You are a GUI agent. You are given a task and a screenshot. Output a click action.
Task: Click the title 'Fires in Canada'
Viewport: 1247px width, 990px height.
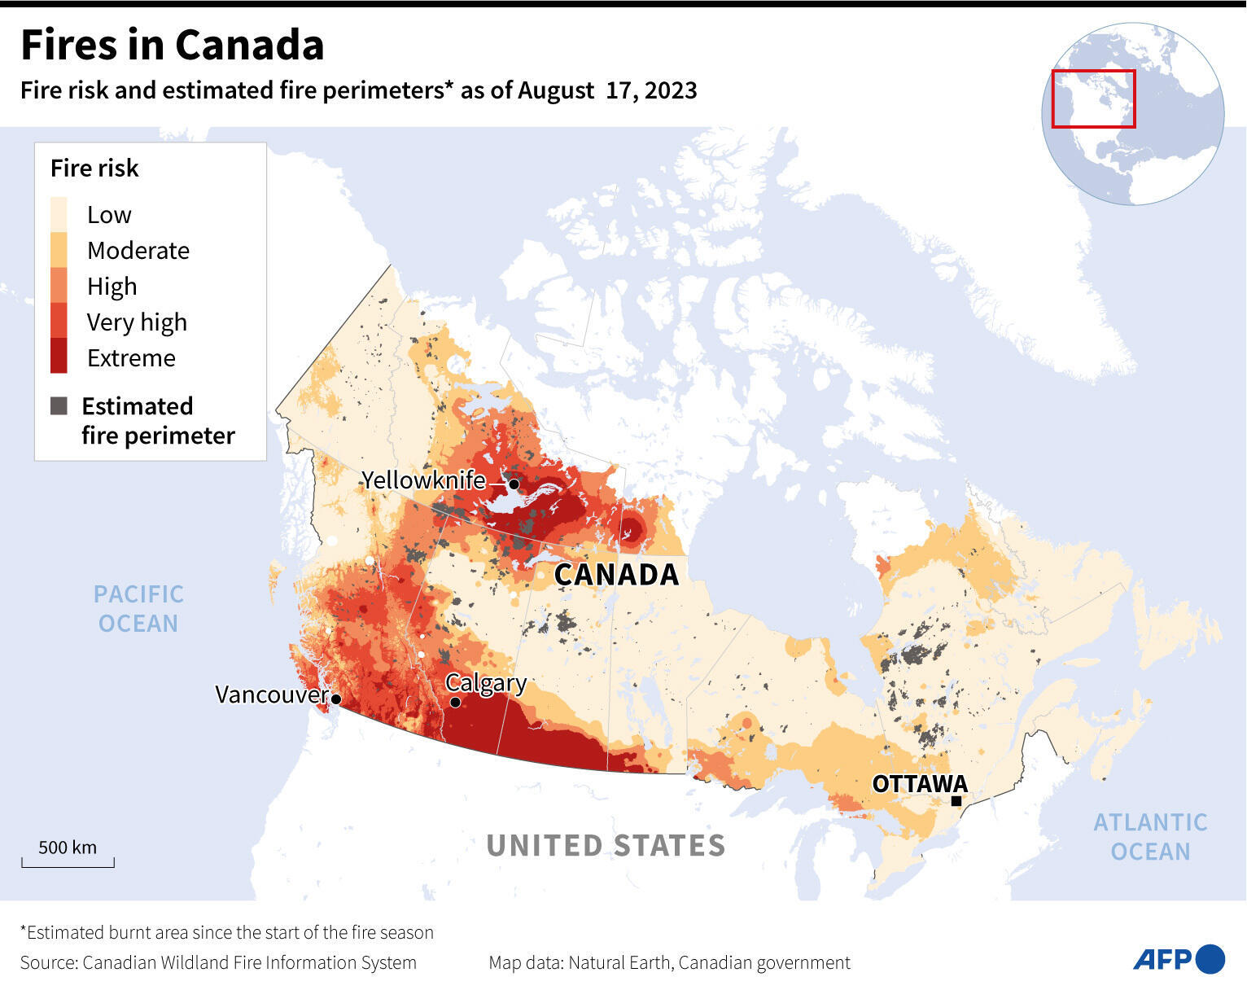172,45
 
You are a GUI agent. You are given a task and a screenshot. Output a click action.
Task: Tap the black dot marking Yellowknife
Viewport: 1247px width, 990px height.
514,484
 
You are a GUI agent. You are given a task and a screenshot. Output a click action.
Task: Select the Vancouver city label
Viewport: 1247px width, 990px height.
271,694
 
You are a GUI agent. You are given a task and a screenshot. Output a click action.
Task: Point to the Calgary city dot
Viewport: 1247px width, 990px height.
455,702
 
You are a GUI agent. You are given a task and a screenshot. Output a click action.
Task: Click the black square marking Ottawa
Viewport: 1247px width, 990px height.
956,801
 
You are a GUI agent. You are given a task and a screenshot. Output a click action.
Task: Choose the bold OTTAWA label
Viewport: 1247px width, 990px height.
920,783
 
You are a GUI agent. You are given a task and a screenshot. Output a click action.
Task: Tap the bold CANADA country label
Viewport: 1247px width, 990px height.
616,575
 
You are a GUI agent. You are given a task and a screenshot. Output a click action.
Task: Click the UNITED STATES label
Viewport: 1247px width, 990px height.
606,846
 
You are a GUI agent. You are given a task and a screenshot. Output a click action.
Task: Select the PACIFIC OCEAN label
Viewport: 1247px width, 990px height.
138,609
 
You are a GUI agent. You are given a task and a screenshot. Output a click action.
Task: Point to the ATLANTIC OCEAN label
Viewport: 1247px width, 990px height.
1150,837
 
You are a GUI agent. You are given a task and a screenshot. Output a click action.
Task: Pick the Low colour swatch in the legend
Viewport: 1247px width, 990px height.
59,214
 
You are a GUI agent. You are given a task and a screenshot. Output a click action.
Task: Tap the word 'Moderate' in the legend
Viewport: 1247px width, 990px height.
138,251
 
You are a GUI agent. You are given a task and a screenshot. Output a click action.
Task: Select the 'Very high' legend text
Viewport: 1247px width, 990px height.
137,322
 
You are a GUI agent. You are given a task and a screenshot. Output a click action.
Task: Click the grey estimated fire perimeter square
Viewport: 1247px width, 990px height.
59,406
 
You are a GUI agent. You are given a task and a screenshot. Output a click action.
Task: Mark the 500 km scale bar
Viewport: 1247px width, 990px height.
68,861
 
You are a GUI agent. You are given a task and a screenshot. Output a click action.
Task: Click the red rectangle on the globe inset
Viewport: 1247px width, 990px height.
1093,99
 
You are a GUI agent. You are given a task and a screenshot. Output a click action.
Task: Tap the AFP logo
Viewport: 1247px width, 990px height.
1178,959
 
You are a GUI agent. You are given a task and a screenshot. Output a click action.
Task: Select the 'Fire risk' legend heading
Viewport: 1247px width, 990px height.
94,169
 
